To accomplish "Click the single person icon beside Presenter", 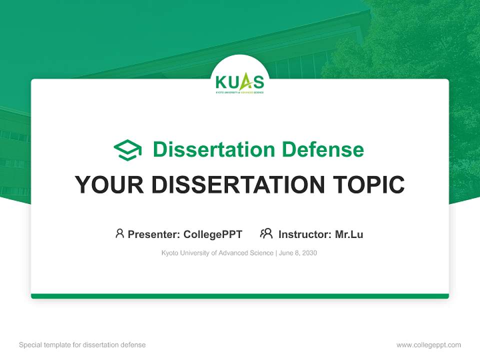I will pos(119,233).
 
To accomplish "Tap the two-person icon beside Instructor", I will pos(266,233).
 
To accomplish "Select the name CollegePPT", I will pos(213,234).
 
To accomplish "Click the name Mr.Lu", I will pos(349,234).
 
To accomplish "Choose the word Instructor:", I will pos(304,234).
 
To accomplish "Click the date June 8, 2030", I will pos(298,253).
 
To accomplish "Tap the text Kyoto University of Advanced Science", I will pos(217,253).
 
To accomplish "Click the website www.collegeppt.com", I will pos(428,345).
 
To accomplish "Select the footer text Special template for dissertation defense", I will pos(82,345).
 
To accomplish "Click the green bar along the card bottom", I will pos(240,296).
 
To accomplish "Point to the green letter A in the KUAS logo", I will pos(245,81).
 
